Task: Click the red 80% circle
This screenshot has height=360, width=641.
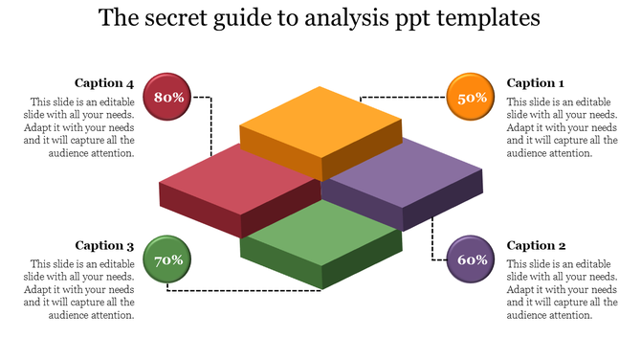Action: coord(169,98)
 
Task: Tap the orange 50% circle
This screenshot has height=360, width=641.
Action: coord(473,98)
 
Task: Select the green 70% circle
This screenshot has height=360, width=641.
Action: coord(169,259)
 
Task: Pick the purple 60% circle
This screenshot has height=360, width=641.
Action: coord(473,259)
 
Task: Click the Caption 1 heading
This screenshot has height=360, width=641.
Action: coord(536,83)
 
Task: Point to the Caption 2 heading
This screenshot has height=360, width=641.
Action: coord(536,245)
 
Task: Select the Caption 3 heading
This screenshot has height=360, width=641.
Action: coord(104,245)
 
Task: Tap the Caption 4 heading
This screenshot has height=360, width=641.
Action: coord(104,83)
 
